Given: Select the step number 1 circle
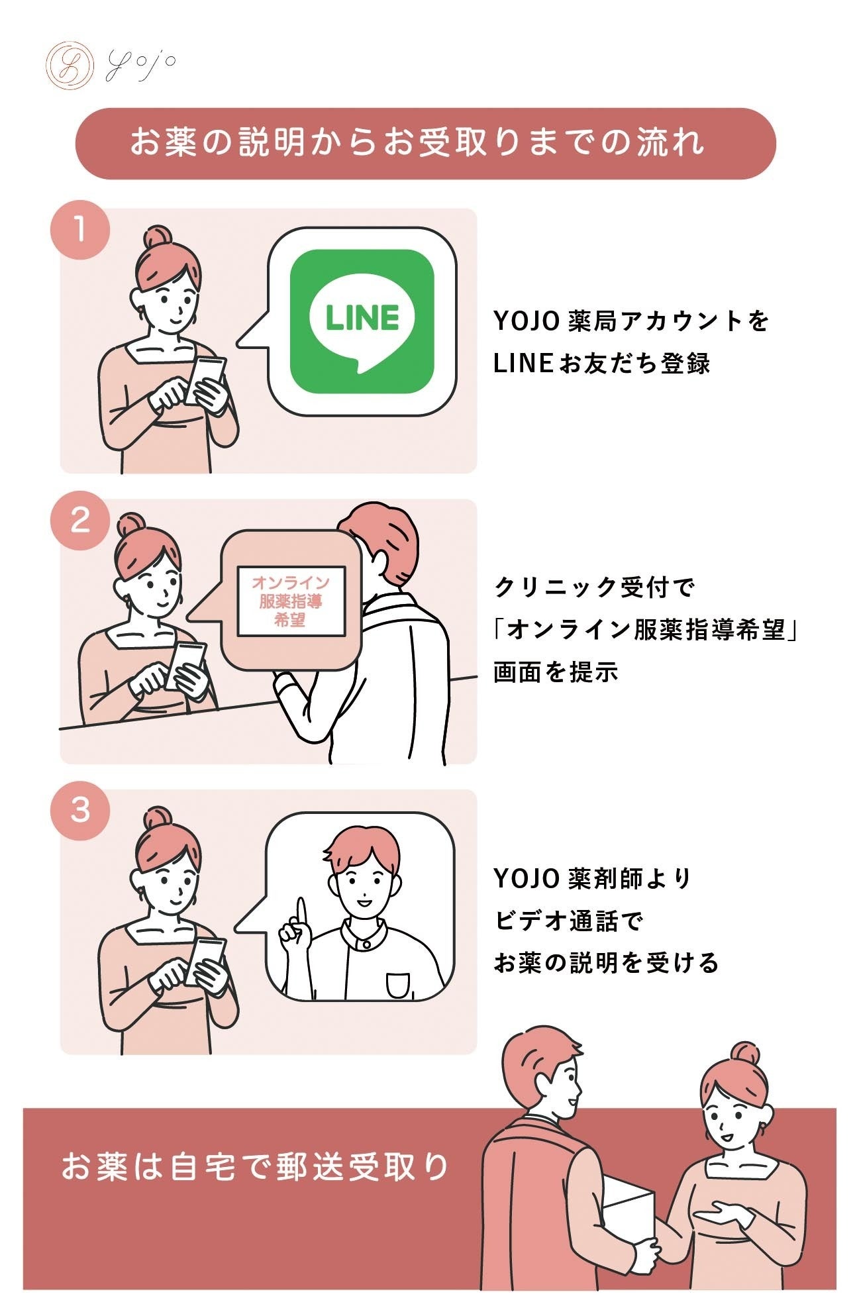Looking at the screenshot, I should tap(80, 230).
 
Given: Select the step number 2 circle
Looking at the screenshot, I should tap(80, 521).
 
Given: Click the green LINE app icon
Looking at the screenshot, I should tap(362, 321).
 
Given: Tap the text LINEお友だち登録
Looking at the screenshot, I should tap(601, 364).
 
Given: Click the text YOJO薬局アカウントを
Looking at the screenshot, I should tap(631, 321).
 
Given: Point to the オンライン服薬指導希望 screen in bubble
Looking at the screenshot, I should tap(291, 601).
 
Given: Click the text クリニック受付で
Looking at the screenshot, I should tap(594, 587).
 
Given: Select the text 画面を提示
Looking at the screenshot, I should tap(555, 672).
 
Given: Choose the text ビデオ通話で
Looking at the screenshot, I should tap(568, 921).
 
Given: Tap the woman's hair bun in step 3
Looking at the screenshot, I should tap(158, 819).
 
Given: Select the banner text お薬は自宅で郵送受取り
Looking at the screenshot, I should tap(255, 1167).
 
